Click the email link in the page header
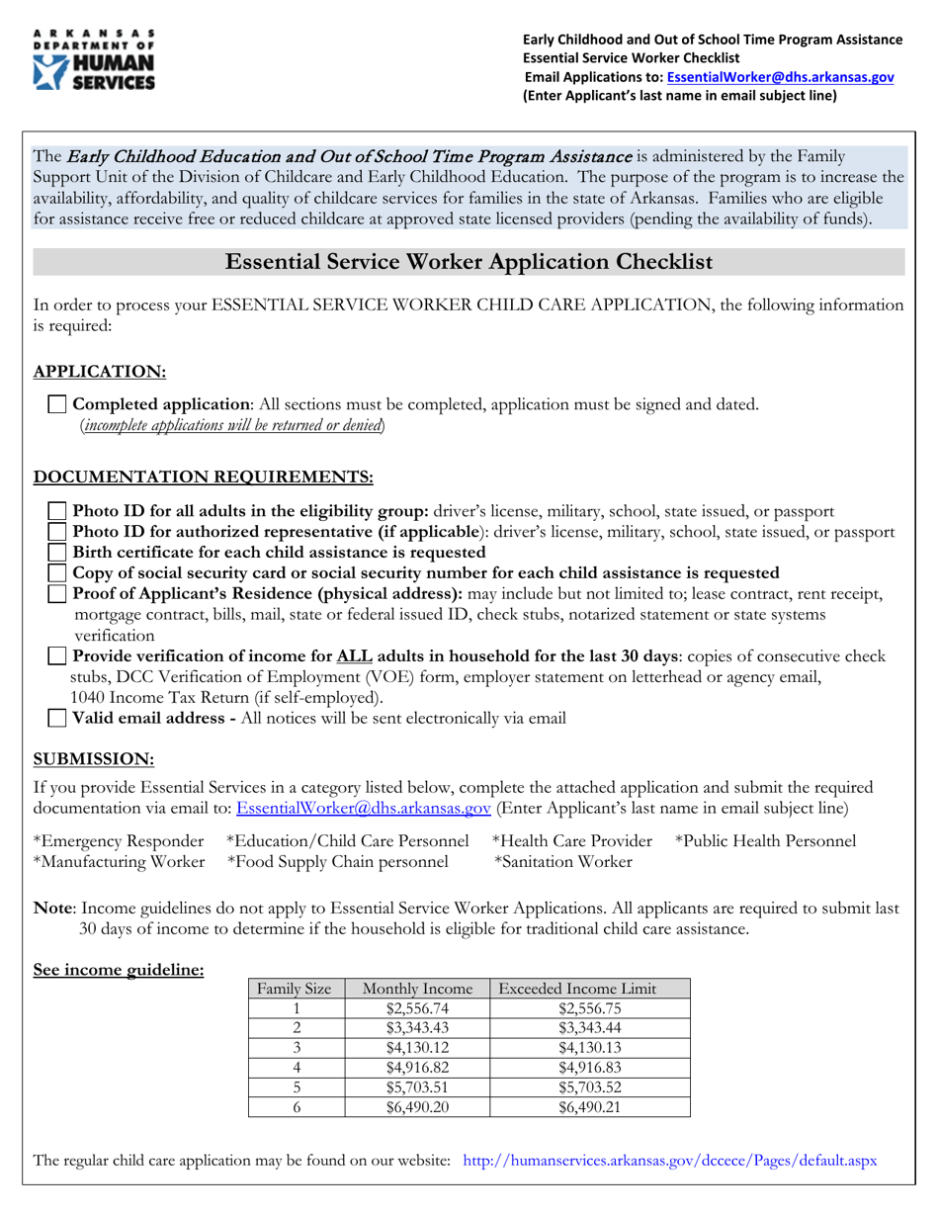point(781,77)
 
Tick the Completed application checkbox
point(58,404)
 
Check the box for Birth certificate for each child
point(58,553)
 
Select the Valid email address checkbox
point(58,719)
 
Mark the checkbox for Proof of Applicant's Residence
point(58,594)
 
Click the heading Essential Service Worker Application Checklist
point(469,262)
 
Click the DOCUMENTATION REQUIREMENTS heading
point(204,478)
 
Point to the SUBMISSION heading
point(94,758)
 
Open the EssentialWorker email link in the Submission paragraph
point(364,809)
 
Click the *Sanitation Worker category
point(562,862)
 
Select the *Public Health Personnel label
point(765,841)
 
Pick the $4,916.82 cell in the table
point(418,1068)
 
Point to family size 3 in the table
point(296,1048)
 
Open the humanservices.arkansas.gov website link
point(669,1161)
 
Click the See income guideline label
point(119,971)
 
